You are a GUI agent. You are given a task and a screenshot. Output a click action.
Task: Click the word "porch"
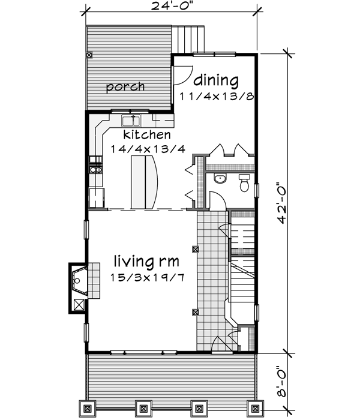[x=125, y=87]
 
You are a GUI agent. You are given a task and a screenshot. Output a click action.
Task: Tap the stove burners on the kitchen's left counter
[x=94, y=165]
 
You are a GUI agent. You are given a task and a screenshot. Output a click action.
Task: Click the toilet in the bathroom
[x=244, y=182]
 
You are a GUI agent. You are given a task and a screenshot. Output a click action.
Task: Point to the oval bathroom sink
[x=219, y=179]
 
